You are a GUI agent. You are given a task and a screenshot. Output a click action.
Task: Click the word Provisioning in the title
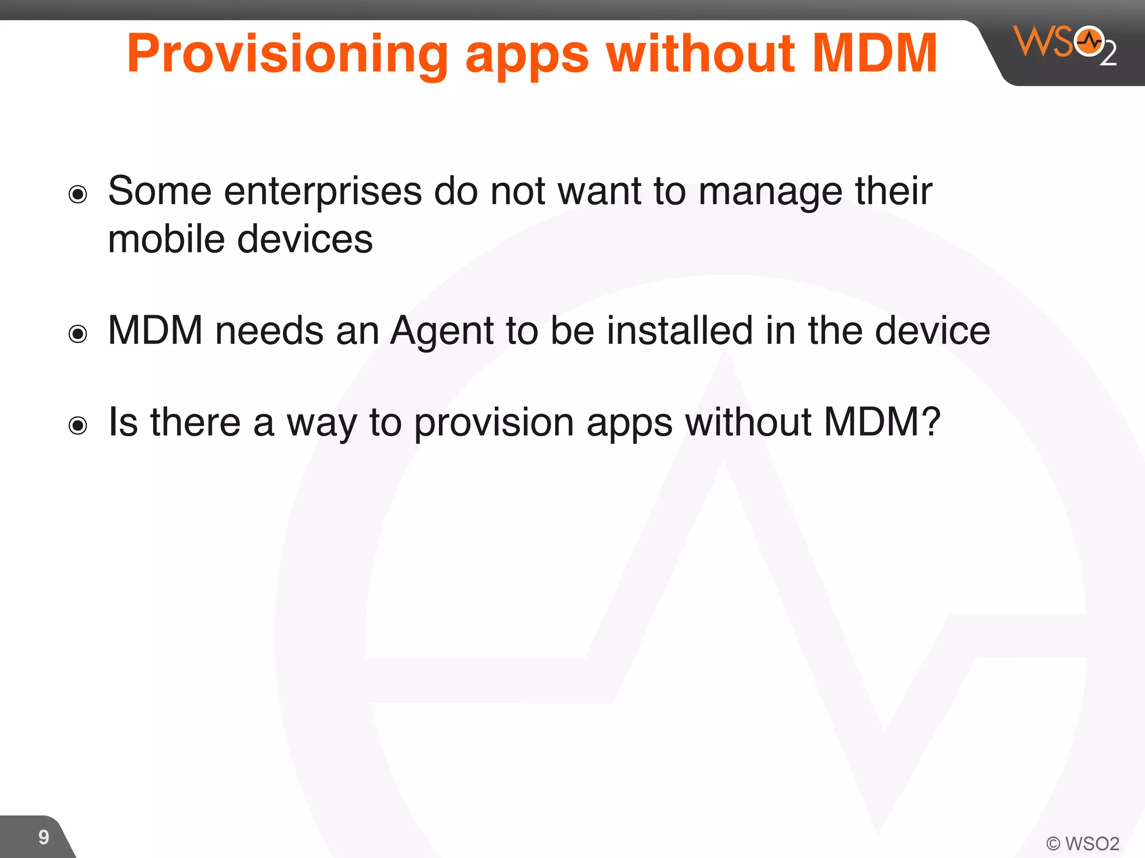[287, 54]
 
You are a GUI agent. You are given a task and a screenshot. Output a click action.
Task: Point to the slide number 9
[44, 837]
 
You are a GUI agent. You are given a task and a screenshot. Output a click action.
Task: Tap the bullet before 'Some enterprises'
[78, 194]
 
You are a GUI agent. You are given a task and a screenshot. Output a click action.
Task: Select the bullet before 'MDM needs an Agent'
[78, 334]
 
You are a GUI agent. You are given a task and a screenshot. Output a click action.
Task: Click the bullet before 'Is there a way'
[78, 426]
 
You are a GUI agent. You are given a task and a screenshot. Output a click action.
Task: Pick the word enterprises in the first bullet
[323, 192]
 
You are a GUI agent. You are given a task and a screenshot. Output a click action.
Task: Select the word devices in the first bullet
[305, 239]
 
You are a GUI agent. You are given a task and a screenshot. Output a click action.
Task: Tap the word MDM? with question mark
[882, 422]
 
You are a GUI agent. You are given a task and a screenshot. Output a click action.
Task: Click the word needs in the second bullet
[269, 331]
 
